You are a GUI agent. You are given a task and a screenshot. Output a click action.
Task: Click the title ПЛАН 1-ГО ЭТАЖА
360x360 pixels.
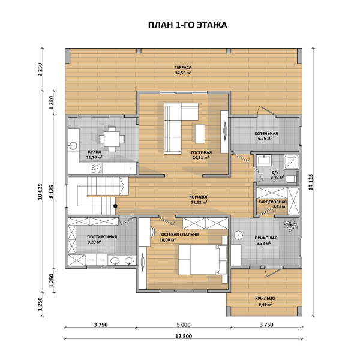coord(187,25)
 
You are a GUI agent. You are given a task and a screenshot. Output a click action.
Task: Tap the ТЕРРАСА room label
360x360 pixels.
coord(183,67)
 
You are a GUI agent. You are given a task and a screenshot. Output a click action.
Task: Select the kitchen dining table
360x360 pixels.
coord(112,139)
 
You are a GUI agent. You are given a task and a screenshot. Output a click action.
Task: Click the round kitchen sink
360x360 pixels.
coord(73,146)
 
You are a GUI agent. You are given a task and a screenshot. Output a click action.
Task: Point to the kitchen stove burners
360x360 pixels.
coord(97,169)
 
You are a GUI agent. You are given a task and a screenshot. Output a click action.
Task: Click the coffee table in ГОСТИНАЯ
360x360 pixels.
coord(200,134)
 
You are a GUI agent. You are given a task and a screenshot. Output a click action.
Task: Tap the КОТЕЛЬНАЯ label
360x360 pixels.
coord(266,133)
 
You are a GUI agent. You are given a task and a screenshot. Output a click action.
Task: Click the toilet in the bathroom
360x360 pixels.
coord(291,179)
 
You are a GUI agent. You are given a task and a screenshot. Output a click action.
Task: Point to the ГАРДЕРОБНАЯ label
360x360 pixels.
coord(272,202)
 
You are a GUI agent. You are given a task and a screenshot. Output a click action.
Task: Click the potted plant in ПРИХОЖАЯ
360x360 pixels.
coord(291,225)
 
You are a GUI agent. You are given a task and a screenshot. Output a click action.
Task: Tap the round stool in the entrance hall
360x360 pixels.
coord(238,235)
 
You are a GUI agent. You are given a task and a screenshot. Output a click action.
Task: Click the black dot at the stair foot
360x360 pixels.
coord(115,206)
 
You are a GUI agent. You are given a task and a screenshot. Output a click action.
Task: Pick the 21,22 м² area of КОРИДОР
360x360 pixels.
coord(199,202)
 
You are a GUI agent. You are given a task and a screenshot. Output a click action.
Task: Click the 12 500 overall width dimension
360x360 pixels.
coord(184,337)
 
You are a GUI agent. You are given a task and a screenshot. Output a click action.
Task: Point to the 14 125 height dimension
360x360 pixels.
coord(311,182)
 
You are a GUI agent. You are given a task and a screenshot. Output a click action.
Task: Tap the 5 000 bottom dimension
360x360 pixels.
coord(184,325)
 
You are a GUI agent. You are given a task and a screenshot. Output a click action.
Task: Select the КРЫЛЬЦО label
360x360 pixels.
coord(265,298)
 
